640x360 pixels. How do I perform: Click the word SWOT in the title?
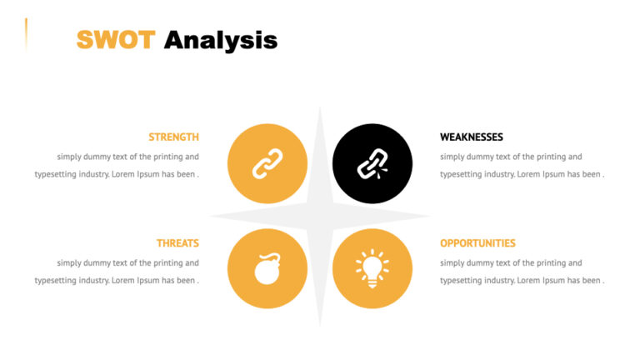115,39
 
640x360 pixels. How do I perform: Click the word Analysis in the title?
220,39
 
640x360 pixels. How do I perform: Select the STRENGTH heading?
173,137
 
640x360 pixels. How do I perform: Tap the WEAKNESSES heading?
472,137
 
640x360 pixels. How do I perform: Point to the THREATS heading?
177,243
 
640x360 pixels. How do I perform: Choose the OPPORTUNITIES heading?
477,243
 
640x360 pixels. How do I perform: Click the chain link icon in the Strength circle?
267,163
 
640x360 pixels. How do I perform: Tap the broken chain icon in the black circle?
372,163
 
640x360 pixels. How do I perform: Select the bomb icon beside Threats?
267,269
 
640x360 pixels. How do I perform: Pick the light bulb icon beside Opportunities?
372,268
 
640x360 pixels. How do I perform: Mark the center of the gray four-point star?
320,216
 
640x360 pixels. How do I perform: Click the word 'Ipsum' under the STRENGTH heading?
148,174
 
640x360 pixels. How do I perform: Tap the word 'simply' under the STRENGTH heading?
69,156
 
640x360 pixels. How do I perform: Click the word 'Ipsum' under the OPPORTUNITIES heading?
554,281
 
